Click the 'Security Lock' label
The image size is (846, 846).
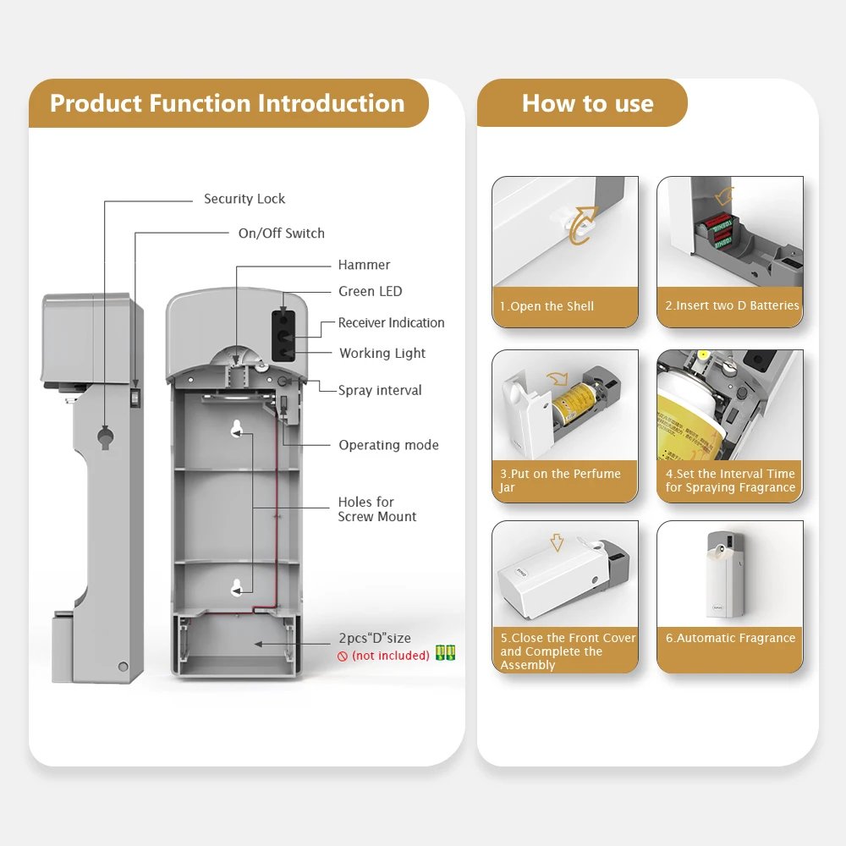tap(244, 199)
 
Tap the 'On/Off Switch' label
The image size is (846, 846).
tap(282, 233)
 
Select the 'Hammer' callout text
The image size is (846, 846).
tap(364, 264)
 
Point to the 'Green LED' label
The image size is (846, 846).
tap(371, 291)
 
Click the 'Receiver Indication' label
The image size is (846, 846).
tap(391, 322)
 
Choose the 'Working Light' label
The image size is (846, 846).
tap(382, 354)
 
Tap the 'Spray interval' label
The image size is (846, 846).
tap(380, 390)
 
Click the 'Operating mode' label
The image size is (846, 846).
tap(388, 445)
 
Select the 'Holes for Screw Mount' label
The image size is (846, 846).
tap(377, 509)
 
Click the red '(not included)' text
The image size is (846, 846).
tap(391, 656)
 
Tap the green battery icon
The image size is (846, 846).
tap(445, 653)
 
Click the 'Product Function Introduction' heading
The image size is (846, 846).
tap(227, 103)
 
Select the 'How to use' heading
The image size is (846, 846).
tap(588, 103)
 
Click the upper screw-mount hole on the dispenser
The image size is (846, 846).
tap(236, 428)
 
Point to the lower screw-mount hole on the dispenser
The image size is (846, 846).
tap(236, 588)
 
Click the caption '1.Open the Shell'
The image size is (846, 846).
tap(547, 306)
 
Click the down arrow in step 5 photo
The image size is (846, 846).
tap(557, 542)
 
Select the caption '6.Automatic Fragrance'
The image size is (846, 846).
tap(731, 638)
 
